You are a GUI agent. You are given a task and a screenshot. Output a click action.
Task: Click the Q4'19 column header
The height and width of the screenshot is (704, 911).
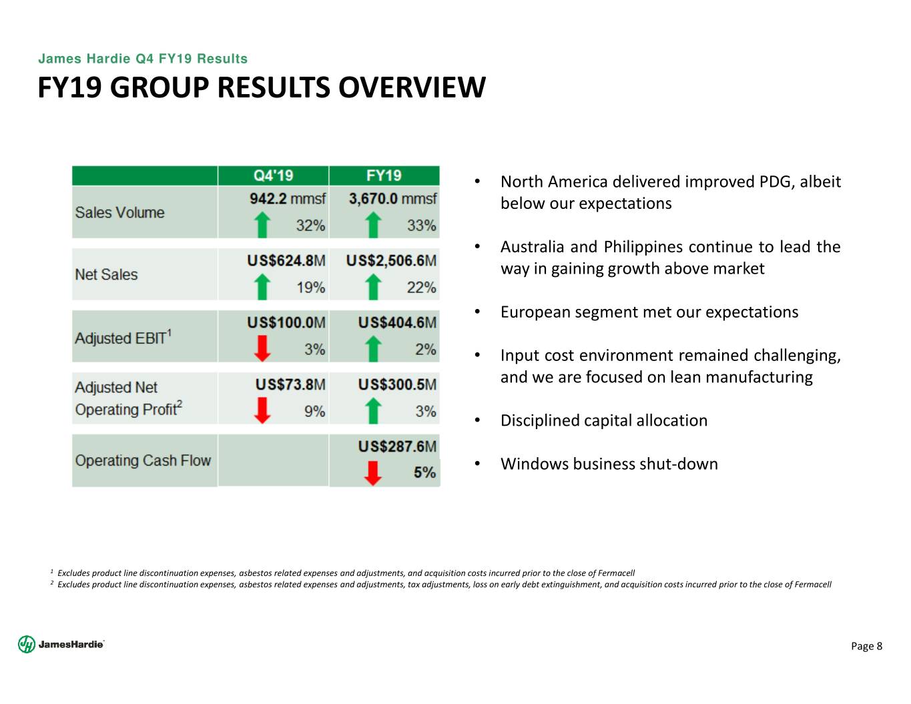pyautogui.click(x=273, y=175)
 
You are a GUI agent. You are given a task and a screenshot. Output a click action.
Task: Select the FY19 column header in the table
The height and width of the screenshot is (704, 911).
pyautogui.click(x=384, y=175)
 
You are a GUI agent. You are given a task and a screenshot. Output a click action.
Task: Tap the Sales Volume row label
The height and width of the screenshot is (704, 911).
pyautogui.click(x=120, y=212)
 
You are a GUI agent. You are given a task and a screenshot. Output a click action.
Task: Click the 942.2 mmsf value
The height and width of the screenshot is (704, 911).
pyautogui.click(x=287, y=199)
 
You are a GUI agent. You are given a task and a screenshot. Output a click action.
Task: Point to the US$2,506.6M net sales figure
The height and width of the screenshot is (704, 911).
pyautogui.click(x=391, y=261)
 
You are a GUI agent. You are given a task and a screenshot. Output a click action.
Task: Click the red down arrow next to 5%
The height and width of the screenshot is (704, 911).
pyautogui.click(x=372, y=473)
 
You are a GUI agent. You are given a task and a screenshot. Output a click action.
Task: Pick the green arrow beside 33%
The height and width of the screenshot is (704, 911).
pyautogui.click(x=372, y=225)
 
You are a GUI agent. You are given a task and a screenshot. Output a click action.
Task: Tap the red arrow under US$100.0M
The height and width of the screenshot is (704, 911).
pyautogui.click(x=262, y=348)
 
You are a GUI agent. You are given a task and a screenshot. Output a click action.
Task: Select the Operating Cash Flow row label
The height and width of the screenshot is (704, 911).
pyautogui.click(x=143, y=460)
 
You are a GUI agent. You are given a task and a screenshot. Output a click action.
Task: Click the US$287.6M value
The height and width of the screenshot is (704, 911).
pyautogui.click(x=397, y=446)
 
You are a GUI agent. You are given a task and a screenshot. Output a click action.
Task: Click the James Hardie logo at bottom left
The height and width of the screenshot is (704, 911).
pyautogui.click(x=61, y=644)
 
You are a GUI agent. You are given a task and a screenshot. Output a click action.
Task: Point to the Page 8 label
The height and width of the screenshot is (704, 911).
pyautogui.click(x=866, y=646)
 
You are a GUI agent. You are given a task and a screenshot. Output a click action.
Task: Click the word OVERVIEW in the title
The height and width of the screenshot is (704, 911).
pyautogui.click(x=412, y=87)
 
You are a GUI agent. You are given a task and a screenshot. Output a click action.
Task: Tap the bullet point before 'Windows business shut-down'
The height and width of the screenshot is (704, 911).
pyautogui.click(x=477, y=464)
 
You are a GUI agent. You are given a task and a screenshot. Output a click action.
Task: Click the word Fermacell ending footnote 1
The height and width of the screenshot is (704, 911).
pyautogui.click(x=616, y=573)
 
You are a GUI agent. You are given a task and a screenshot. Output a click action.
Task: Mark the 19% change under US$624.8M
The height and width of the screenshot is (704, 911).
pyautogui.click(x=310, y=288)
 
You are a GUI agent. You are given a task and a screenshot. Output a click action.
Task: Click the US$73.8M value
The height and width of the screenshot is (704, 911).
pyautogui.click(x=290, y=384)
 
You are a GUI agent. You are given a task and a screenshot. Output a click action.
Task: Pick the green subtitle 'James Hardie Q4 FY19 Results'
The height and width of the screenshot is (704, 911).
pyautogui.click(x=143, y=59)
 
